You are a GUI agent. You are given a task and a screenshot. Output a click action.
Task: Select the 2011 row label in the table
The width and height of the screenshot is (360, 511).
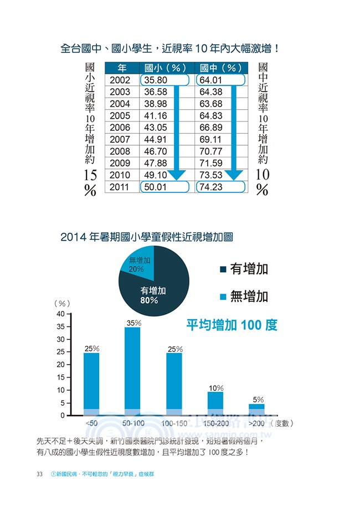click(120, 187)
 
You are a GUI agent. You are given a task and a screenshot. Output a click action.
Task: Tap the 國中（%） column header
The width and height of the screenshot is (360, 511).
click(221, 68)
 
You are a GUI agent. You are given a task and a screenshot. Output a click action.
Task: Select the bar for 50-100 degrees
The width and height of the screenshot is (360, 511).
click(132, 371)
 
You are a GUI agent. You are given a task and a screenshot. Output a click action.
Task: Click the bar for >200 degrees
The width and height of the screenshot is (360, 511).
click(256, 410)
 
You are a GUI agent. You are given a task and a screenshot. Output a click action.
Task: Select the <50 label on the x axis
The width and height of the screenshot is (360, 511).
click(92, 423)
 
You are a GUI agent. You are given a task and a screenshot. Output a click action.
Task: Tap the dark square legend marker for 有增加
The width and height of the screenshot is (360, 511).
click(223, 270)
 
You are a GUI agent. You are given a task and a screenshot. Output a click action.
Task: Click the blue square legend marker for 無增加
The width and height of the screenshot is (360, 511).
click(223, 297)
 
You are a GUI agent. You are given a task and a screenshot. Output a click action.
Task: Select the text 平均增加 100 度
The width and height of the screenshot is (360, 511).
click(231, 325)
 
